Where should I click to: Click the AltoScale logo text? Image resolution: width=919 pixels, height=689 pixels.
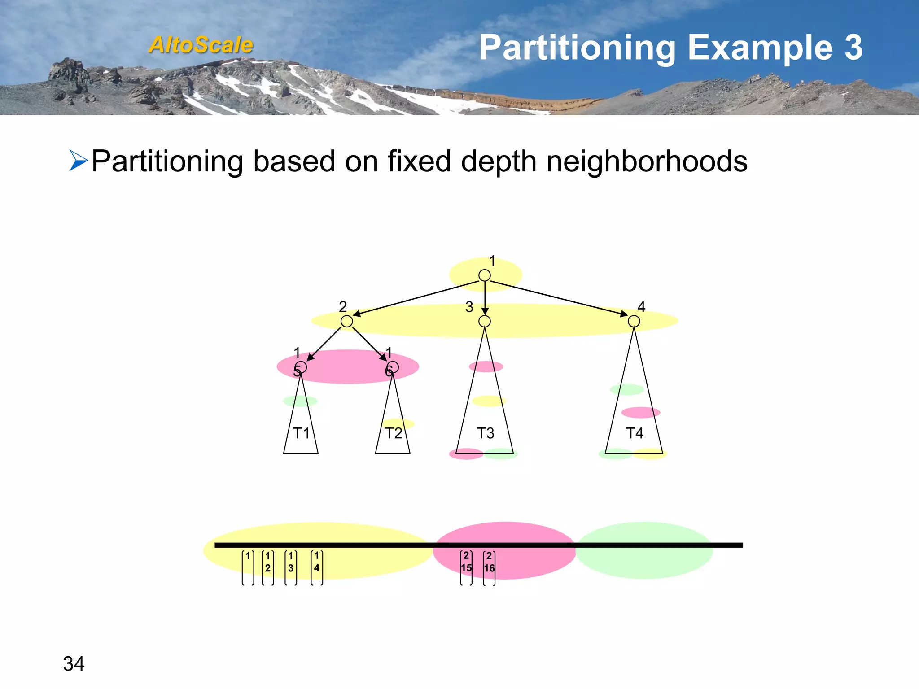201,45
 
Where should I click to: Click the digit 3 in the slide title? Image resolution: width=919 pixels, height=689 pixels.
853,48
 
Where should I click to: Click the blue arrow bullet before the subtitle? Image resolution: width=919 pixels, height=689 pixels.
78,161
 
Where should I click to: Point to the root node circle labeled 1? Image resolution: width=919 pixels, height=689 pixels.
484,275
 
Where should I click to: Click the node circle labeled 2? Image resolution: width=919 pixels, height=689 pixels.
346,321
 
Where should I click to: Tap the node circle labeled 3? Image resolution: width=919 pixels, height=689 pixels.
484,321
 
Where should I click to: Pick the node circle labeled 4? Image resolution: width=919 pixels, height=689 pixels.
634,321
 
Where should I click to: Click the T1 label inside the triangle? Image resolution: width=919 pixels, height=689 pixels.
301,433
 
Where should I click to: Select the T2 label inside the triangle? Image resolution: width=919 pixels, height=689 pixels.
394,433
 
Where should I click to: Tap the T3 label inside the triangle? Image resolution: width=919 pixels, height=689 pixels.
485,433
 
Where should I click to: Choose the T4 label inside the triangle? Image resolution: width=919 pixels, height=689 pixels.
635,433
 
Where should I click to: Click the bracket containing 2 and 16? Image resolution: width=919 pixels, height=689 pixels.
489,567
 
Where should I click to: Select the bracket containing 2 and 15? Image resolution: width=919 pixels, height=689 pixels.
466,567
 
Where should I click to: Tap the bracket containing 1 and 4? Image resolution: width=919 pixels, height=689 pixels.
317,567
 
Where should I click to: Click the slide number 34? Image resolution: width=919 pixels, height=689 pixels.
74,664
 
